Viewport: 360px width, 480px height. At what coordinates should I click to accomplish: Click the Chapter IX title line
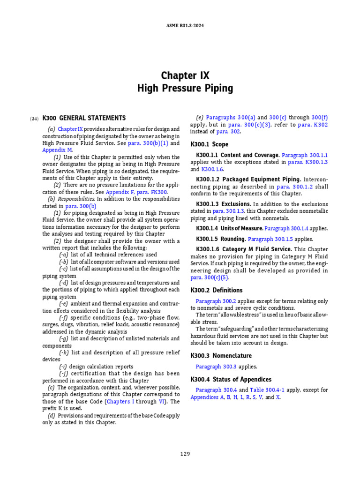185,75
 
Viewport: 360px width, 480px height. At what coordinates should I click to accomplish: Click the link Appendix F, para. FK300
136,192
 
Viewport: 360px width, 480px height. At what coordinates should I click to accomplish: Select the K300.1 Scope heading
210,144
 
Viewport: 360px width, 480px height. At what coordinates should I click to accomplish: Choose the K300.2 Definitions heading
217,290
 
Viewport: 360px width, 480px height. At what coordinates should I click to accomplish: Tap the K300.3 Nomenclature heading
221,356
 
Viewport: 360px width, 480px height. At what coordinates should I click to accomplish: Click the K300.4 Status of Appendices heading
231,379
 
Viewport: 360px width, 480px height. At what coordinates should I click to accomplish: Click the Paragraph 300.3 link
214,367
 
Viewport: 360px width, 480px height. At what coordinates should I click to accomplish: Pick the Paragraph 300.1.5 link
267,239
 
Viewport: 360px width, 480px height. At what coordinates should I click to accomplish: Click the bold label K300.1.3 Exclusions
223,204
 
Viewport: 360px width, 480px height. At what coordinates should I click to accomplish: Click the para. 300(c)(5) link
208,278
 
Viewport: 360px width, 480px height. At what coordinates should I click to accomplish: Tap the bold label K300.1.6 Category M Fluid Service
244,249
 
